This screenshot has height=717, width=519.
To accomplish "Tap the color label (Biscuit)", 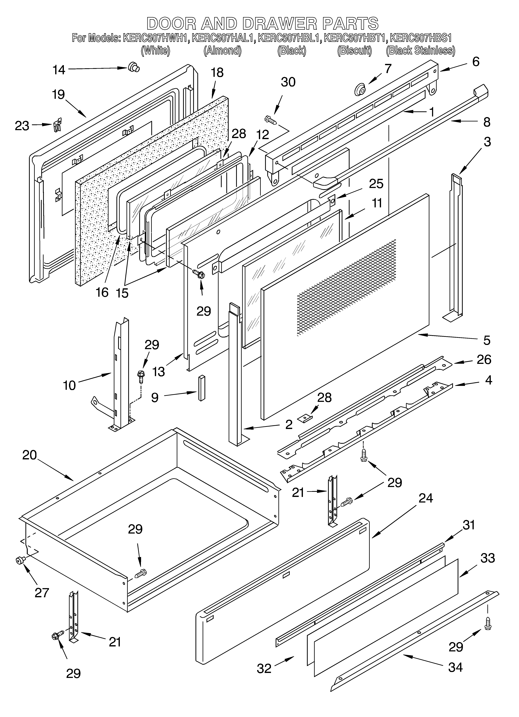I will (354, 51).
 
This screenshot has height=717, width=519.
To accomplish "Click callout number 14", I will (59, 70).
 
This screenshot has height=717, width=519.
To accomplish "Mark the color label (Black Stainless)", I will (420, 51).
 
